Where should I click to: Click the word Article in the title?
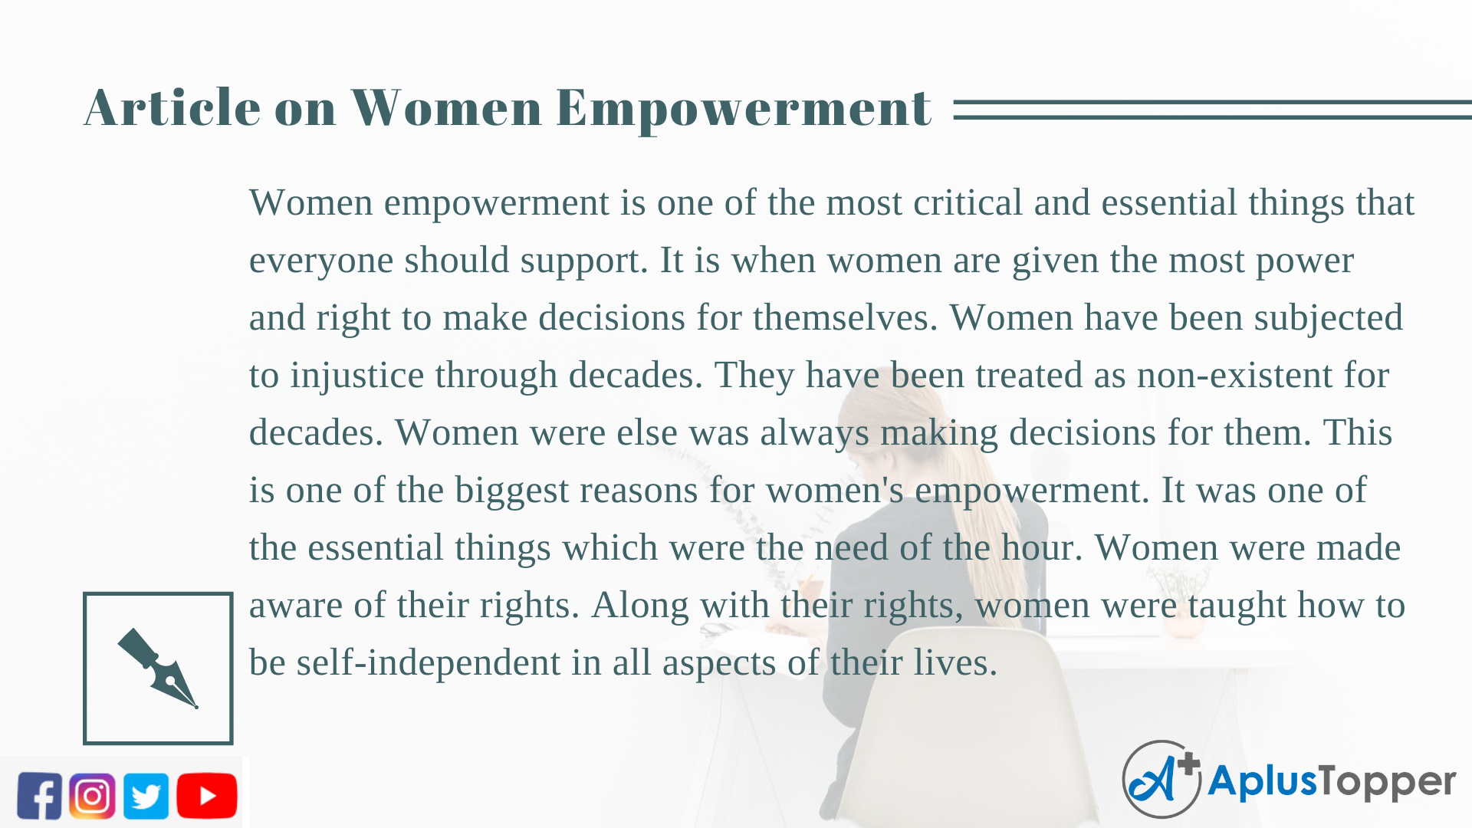(172, 107)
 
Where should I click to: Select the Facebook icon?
(39, 796)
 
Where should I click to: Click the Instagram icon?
(92, 796)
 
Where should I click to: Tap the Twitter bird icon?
(146, 796)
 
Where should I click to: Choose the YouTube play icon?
(207, 796)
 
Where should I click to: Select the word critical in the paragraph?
(968, 202)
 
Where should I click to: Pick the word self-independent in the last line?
(429, 662)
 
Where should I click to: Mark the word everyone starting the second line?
(321, 261)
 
